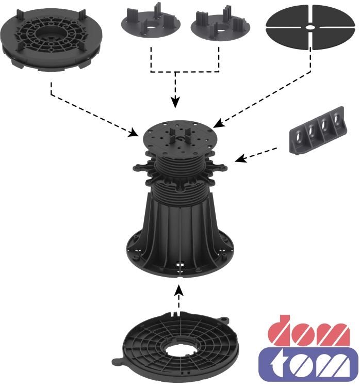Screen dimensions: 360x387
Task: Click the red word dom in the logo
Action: pyautogui.click(x=308, y=330)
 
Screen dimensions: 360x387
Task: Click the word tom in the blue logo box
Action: pyautogui.click(x=309, y=364)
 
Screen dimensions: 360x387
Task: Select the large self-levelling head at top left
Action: pyautogui.click(x=51, y=40)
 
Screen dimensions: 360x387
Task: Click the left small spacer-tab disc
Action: pyautogui.click(x=151, y=23)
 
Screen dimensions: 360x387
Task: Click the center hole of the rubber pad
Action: pyautogui.click(x=310, y=27)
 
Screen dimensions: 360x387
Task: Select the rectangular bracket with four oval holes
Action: pyautogui.click(x=318, y=131)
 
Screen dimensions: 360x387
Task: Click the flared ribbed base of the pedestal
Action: pyautogui.click(x=179, y=237)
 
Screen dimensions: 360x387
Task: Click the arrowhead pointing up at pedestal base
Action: pyautogui.click(x=179, y=290)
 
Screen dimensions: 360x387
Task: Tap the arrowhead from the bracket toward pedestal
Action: pyautogui.click(x=240, y=158)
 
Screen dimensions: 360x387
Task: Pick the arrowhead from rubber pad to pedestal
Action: pyautogui.click(x=219, y=123)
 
